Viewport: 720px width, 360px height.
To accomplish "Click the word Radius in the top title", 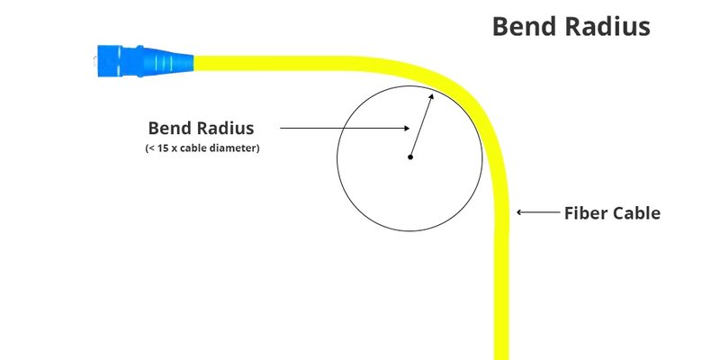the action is [607, 27].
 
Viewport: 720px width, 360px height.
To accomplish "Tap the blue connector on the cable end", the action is [145, 60].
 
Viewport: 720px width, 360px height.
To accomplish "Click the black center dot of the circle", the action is [410, 157].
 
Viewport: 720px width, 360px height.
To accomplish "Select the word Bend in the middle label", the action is [166, 128].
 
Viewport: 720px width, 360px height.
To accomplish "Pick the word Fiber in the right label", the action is [580, 213].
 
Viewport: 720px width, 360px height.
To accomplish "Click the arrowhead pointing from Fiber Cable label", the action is [519, 212].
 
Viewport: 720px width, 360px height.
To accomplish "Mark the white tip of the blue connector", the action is [95, 60].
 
